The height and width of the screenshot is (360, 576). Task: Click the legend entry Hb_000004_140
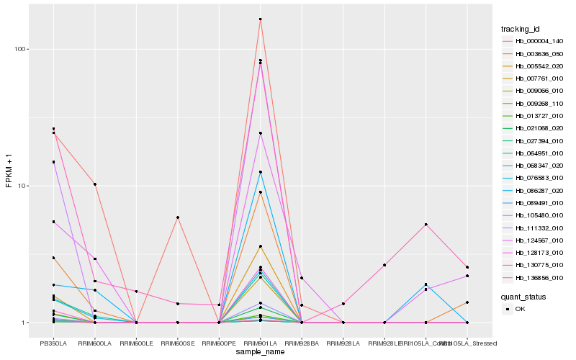coord(534,41)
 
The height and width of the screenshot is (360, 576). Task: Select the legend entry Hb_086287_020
coord(534,191)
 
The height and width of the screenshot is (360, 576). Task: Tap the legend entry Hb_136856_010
coord(534,278)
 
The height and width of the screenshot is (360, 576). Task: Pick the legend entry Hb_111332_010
coord(534,228)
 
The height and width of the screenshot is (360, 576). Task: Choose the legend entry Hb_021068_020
coord(534,128)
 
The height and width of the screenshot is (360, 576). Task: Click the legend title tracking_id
coord(521,29)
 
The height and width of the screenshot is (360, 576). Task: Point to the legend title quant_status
coord(524,296)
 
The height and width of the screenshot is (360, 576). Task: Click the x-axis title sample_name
coord(260,351)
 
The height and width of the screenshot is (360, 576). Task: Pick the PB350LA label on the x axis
coord(53,333)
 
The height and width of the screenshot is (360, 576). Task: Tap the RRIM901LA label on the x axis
coord(260,333)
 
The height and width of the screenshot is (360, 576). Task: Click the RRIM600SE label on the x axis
coord(177,333)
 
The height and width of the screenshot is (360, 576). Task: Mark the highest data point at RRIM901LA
coord(260,19)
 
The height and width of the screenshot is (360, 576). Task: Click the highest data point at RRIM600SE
coord(177,217)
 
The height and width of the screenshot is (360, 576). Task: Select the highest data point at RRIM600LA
coord(94,184)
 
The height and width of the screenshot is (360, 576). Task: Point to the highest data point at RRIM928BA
coord(302,278)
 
